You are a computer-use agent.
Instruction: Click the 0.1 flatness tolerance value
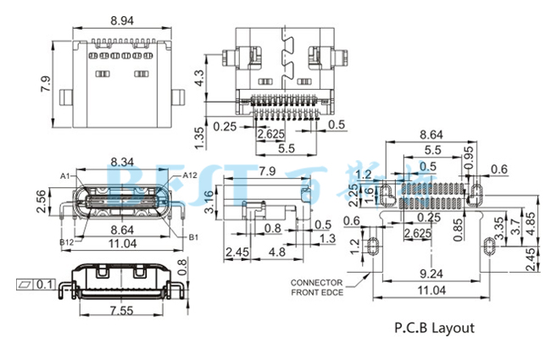[45, 284]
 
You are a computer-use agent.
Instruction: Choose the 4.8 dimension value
[276, 252]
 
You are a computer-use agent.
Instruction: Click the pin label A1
[65, 175]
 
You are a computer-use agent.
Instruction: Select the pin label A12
[189, 175]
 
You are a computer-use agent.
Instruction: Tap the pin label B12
[65, 243]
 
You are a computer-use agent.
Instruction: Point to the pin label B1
[192, 237]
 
